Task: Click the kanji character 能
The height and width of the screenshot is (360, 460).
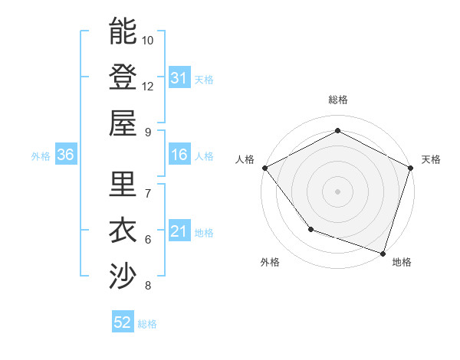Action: tap(123, 31)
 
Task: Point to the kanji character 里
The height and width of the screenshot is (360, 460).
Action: tap(123, 185)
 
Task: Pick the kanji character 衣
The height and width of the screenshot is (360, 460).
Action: tap(123, 231)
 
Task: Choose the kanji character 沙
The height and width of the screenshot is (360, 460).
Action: tap(123, 277)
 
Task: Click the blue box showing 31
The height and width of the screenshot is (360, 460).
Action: tap(179, 77)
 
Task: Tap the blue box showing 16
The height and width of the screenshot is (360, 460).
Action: tap(179, 155)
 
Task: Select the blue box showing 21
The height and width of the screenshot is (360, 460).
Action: tap(179, 231)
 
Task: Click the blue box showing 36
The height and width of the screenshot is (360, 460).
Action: tap(65, 155)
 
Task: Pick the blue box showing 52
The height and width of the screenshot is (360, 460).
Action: tap(122, 322)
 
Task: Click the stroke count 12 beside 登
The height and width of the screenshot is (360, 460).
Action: tap(148, 86)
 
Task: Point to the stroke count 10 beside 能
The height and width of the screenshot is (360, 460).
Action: tap(148, 40)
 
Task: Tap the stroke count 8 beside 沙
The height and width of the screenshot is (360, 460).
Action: tap(148, 286)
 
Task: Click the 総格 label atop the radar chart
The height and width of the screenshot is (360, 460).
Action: tap(337, 100)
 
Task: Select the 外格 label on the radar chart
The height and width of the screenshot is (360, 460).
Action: tap(270, 262)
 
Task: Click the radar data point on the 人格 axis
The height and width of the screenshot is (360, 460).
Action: tap(264, 168)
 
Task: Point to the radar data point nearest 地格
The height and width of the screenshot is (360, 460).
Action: tap(383, 252)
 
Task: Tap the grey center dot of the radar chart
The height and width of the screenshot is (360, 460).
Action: tap(337, 191)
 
